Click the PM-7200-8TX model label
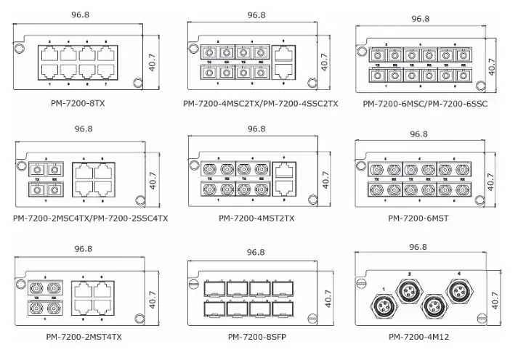(x=78, y=103)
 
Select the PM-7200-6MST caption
(x=418, y=217)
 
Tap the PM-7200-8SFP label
(x=255, y=336)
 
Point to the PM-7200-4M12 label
(x=418, y=336)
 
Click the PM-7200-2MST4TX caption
(x=84, y=336)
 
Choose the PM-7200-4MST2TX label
(x=256, y=217)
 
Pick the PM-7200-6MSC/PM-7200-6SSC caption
(x=425, y=104)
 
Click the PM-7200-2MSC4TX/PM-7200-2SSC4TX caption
(x=90, y=217)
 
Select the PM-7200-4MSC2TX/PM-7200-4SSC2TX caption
(x=260, y=103)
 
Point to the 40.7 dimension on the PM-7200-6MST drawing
(x=491, y=179)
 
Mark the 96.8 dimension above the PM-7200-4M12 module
(x=418, y=247)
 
